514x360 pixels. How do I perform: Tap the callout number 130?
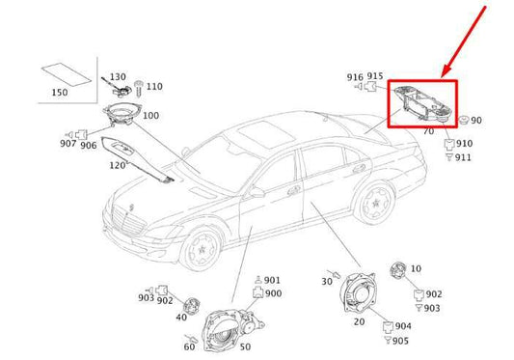118,76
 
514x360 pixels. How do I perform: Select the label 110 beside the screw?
154,86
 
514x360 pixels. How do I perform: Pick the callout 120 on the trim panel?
117,165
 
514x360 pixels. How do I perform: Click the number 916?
356,76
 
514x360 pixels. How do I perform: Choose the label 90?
476,121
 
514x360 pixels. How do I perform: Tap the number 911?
464,157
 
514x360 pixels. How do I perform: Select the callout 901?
272,281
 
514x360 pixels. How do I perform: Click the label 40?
181,316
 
